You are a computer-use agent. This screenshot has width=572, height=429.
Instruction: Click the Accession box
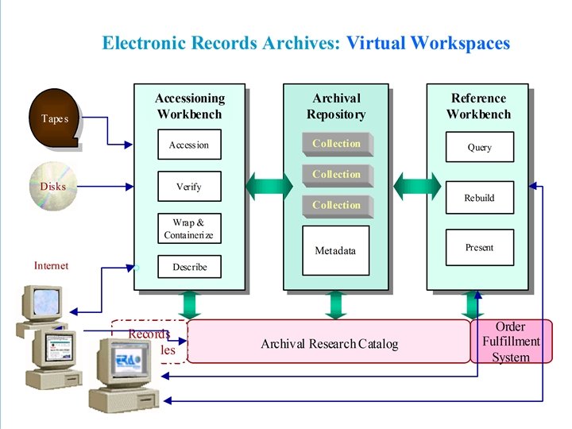189,145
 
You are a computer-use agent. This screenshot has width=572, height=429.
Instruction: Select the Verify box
189,187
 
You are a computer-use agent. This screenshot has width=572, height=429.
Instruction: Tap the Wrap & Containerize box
189,229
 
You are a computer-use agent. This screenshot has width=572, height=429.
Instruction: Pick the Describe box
189,267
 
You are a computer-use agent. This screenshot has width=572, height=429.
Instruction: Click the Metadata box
335,250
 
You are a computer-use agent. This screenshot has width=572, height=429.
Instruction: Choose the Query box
479,147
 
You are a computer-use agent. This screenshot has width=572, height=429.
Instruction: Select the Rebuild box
479,198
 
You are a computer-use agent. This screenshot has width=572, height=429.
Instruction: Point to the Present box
479,247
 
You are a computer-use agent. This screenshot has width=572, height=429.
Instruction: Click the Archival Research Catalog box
329,343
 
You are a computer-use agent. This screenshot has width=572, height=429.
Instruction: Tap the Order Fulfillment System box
511,342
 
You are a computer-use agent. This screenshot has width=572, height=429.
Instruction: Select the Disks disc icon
53,187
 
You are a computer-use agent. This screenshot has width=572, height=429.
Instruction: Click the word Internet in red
51,266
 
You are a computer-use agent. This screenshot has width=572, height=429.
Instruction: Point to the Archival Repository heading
336,106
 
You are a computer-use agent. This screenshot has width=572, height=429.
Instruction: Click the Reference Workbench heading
478,106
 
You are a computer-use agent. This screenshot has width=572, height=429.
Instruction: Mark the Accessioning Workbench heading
189,106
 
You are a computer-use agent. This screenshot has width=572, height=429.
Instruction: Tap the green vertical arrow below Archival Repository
336,303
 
